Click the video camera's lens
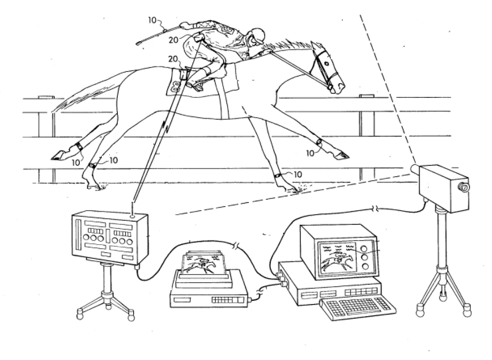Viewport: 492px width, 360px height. click(461, 187)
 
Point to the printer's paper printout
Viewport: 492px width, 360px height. click(206, 262)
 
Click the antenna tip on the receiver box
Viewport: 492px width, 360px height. click(134, 215)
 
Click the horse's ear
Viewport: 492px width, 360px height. click(316, 47)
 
